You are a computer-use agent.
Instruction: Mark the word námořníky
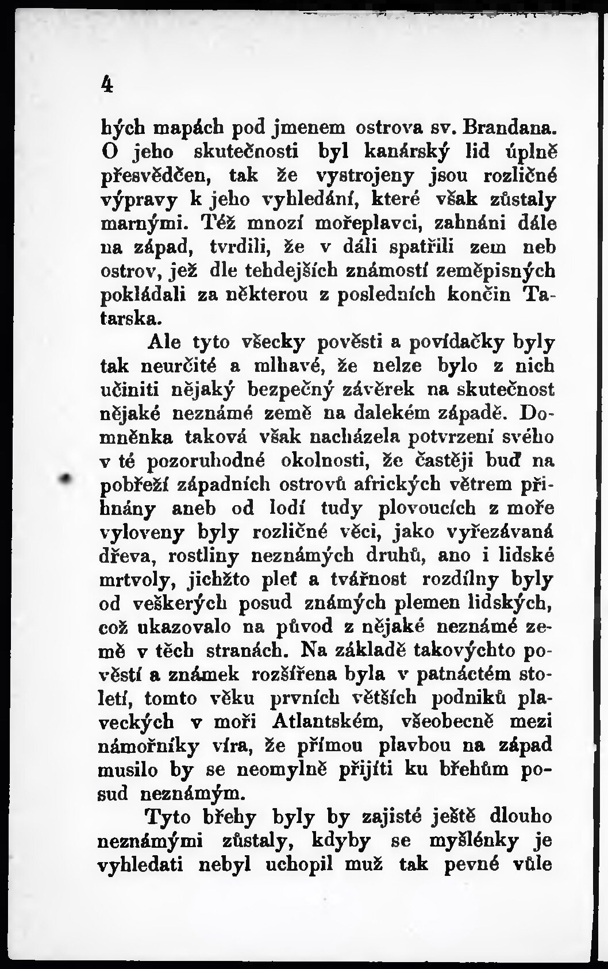(149, 746)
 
